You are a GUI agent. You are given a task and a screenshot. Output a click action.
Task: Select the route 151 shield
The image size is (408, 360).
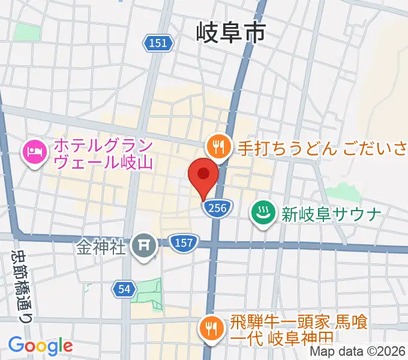(158, 43)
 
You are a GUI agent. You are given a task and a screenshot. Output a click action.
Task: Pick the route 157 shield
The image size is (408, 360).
(181, 242)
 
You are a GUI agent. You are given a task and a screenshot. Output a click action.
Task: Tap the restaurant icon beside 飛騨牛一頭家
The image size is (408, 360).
(211, 327)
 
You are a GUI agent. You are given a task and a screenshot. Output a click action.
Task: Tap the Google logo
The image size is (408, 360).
(40, 346)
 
